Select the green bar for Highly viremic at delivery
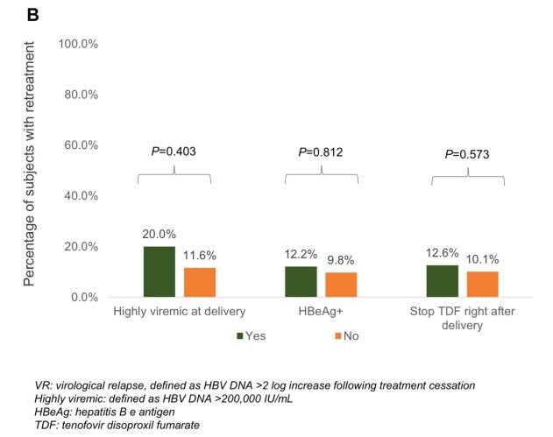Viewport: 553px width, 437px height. (159, 271)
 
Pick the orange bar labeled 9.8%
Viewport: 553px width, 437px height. (342, 285)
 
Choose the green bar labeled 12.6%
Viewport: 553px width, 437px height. (443, 281)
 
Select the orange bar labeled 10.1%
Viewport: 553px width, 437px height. (483, 284)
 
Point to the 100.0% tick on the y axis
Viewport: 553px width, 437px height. (78, 44)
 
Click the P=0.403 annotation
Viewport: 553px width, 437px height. (174, 152)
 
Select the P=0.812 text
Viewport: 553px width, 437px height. (320, 152)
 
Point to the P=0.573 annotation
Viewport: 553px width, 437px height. (468, 154)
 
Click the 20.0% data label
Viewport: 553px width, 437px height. (160, 235)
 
